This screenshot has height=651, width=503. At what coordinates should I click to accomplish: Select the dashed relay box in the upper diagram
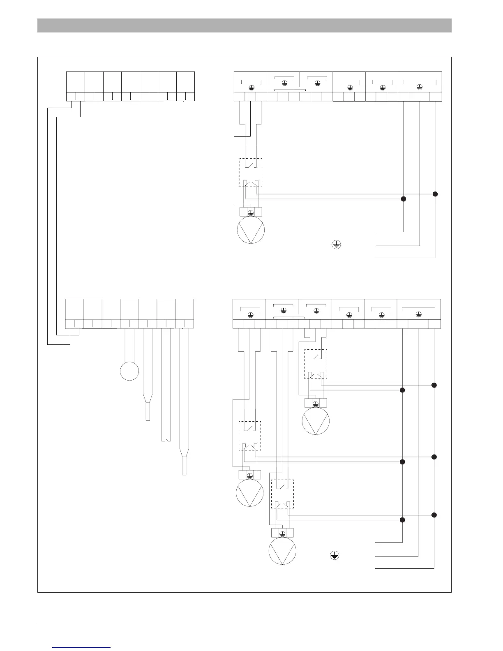(x=251, y=173)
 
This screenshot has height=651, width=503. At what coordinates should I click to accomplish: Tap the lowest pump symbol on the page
(x=282, y=551)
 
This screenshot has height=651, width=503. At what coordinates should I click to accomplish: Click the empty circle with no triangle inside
(x=129, y=371)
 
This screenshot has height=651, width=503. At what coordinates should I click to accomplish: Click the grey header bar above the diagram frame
(x=245, y=25)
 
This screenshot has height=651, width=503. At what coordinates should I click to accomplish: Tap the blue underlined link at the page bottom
(x=82, y=647)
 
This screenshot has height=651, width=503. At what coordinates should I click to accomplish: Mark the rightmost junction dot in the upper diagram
(x=436, y=194)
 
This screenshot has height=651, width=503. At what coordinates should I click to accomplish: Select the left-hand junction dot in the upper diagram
(x=404, y=199)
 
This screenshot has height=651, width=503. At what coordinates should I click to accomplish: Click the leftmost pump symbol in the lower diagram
(x=249, y=493)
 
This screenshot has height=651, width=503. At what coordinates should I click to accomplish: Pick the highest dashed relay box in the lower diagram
(x=316, y=364)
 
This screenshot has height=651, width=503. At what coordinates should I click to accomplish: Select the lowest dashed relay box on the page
(x=282, y=494)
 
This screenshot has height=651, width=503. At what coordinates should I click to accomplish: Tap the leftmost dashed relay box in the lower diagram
(x=250, y=436)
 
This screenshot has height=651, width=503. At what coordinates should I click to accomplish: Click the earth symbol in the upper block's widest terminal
(x=420, y=86)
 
